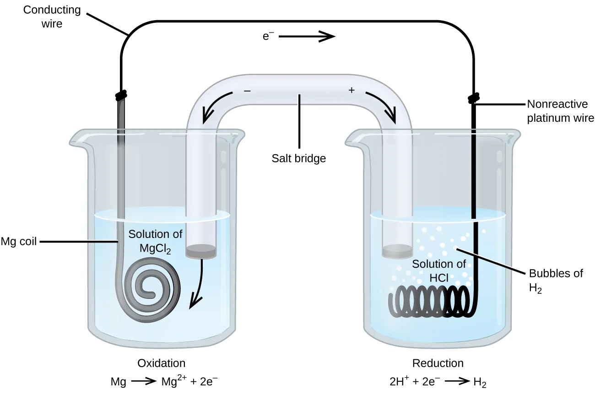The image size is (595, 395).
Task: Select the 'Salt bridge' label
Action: point(298,158)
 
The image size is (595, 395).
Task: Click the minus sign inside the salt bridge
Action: point(247,91)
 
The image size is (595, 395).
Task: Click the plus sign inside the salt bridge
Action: point(352,91)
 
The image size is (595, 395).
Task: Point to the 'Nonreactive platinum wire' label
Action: point(560,111)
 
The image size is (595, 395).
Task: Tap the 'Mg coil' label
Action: point(19,241)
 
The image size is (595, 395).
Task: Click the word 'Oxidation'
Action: point(162,363)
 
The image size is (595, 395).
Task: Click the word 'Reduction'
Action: point(438,363)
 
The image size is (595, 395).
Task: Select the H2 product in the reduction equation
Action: point(480,382)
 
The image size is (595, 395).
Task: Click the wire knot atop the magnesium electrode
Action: point(121,96)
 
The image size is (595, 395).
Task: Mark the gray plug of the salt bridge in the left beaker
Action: point(200,251)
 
